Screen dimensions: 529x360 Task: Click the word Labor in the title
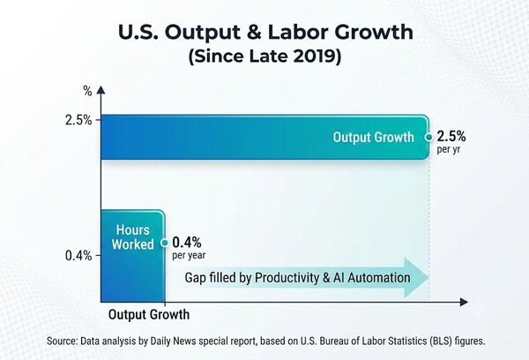pyautogui.click(x=297, y=32)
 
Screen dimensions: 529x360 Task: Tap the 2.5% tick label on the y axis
pyautogui.click(x=78, y=120)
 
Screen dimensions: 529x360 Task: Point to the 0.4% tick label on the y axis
pyautogui.click(x=78, y=256)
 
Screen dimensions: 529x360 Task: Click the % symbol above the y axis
pyautogui.click(x=87, y=91)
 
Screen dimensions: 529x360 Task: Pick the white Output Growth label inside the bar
pyautogui.click(x=373, y=137)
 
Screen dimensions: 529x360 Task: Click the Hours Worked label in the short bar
pyautogui.click(x=132, y=237)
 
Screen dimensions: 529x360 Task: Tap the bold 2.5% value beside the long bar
pyautogui.click(x=451, y=137)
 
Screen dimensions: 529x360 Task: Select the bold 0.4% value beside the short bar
pyautogui.click(x=187, y=243)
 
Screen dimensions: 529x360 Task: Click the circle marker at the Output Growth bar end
pyautogui.click(x=428, y=138)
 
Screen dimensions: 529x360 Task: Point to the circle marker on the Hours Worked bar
pyautogui.click(x=165, y=243)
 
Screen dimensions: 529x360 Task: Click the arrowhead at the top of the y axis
pyautogui.click(x=101, y=90)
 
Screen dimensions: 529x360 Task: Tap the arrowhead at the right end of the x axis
pyautogui.click(x=464, y=302)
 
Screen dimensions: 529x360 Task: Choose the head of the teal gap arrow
pyautogui.click(x=417, y=278)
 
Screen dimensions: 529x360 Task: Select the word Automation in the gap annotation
pyautogui.click(x=379, y=278)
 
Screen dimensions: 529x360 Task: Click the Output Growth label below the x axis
pyautogui.click(x=149, y=315)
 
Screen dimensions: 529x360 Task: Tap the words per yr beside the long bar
pyautogui.click(x=449, y=149)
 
